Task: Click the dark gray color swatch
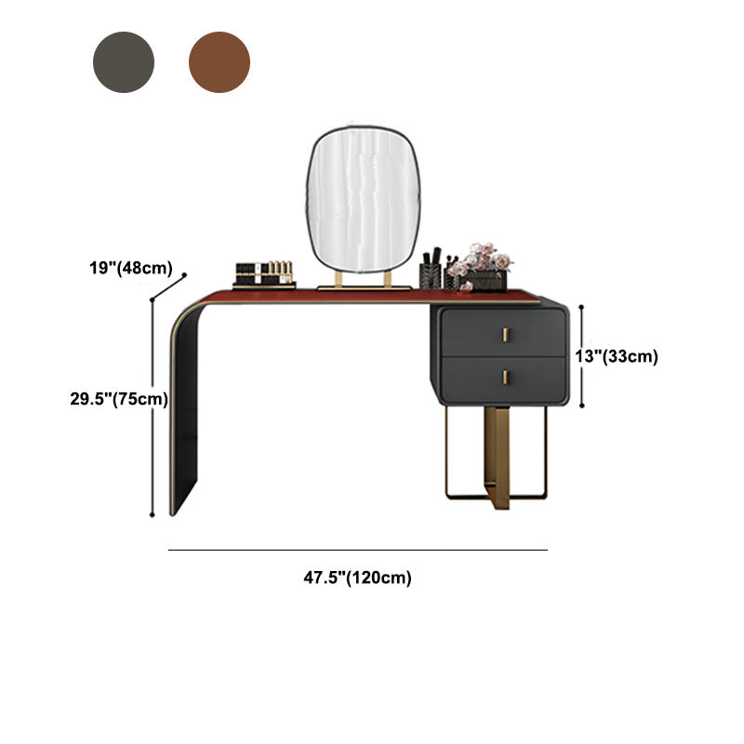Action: point(124,62)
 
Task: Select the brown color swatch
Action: point(219,62)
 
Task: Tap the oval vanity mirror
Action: point(364,200)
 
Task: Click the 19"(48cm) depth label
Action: point(131,268)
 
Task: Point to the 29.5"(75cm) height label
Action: point(119,399)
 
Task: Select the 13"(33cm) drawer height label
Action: point(617,356)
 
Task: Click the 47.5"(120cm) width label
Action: point(358,578)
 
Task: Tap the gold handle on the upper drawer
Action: point(505,335)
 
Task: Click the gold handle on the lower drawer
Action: point(505,378)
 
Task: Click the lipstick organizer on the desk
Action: point(264,274)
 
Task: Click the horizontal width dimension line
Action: point(358,550)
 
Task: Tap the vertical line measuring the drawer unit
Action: point(582,356)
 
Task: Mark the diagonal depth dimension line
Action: point(168,287)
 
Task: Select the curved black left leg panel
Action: point(186,409)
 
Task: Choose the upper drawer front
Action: point(503,333)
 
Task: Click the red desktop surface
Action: point(370,296)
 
